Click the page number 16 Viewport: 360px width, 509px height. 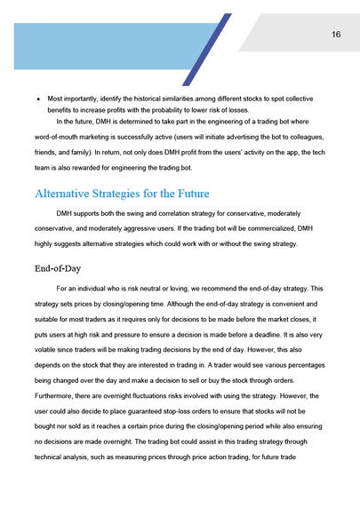click(336, 35)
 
